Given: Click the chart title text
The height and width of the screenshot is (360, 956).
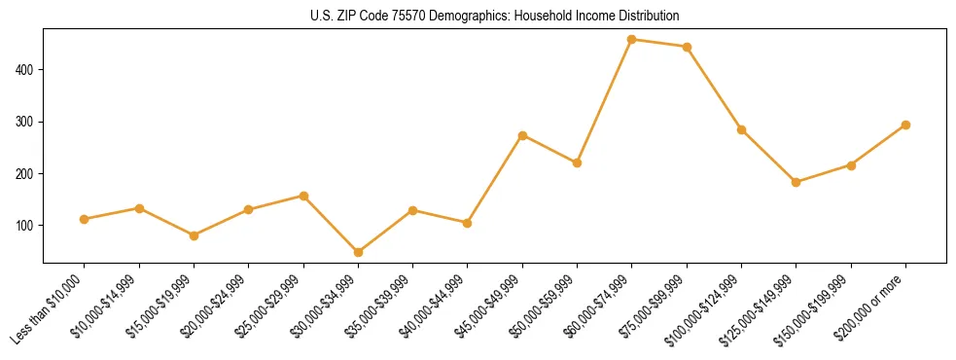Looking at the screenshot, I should coord(495,17).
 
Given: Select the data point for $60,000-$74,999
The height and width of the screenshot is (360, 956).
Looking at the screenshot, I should coord(632,40).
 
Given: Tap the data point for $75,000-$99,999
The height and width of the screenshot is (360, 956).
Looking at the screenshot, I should coord(687,47).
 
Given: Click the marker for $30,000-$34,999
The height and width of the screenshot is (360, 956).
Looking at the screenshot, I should coord(358,252).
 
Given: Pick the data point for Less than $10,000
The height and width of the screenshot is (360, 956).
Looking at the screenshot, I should coord(85,219).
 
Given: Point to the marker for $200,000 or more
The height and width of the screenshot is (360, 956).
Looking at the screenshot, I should coord(905,125).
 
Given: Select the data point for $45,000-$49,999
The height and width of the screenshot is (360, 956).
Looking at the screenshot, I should coord(522,135).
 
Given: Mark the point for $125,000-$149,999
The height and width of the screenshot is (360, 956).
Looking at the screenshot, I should coord(797,182).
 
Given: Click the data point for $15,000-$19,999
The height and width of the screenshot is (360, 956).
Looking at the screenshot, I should coord(194,235).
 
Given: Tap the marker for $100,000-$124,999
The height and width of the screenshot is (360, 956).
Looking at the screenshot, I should coord(741,129).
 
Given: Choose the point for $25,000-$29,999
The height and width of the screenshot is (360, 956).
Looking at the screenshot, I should coord(303,196).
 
